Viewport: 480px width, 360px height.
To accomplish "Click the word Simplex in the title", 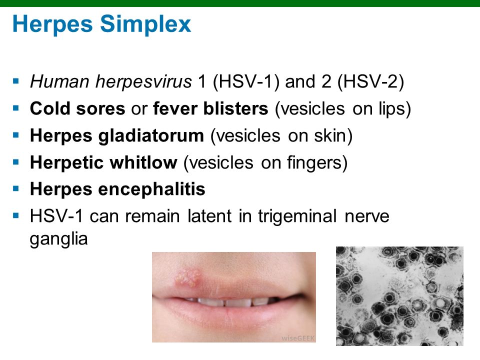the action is tap(145, 24).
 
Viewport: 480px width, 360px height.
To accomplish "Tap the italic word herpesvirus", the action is tap(143, 82).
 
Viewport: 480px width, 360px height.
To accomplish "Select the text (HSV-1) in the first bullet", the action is tap(246, 81).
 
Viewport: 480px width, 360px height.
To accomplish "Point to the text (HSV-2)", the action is tap(370, 81).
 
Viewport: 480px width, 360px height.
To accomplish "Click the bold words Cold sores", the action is tap(77, 108).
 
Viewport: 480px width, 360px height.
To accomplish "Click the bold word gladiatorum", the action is tap(151, 136).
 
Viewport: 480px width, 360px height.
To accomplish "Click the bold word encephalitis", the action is tap(151, 189).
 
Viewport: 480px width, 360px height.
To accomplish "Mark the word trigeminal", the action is tap(297, 216).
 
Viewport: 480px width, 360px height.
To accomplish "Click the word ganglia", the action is tap(59, 239).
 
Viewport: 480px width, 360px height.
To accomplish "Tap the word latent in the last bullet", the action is tap(209, 216).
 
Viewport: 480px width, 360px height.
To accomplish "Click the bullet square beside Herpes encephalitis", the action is tap(16, 188).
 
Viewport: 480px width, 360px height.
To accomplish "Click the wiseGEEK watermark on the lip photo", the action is tap(298, 338).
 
